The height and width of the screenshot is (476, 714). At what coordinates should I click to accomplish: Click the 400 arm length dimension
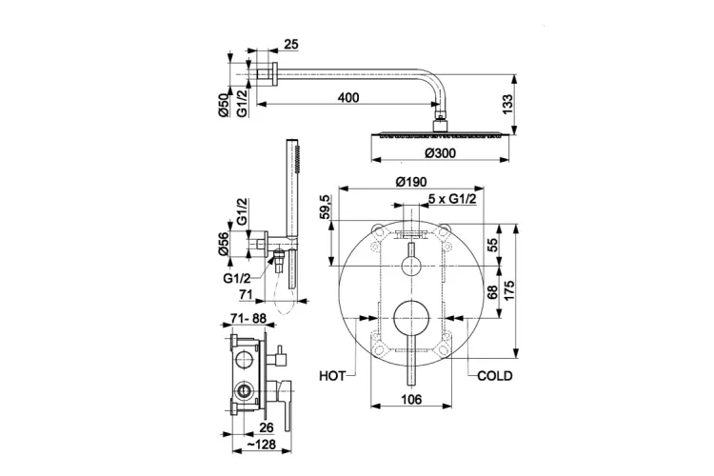pos(348,97)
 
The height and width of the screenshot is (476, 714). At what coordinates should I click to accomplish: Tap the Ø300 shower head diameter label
pos(440,153)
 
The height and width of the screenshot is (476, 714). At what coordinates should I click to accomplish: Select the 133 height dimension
pos(507,105)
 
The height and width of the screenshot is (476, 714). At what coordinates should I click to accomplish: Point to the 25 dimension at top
pos(291,44)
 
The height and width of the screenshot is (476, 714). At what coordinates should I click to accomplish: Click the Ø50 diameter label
pos(223,106)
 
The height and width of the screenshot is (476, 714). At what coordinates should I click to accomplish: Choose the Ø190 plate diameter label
pos(411,182)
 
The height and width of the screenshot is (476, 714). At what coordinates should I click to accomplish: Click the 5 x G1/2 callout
pos(452,199)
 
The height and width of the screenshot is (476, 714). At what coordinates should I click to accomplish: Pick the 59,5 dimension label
pos(326,207)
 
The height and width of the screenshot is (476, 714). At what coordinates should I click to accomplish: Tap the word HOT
pos(332,376)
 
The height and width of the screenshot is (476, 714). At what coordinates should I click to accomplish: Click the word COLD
pos(494,376)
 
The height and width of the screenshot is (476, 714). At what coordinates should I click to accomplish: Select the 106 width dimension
pos(411,400)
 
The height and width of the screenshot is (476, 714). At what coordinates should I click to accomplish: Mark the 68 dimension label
pos(493,292)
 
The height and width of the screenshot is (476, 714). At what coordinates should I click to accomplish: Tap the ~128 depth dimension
pos(261,445)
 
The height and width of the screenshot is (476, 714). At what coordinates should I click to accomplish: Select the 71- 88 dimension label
pos(248,319)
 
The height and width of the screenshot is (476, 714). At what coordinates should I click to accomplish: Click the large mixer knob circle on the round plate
pos(411,318)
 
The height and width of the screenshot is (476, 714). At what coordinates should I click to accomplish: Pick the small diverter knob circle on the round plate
pos(411,266)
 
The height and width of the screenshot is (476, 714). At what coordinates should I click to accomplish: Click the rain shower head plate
pos(441,134)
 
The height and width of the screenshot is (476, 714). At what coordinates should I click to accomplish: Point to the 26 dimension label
pos(266,427)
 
